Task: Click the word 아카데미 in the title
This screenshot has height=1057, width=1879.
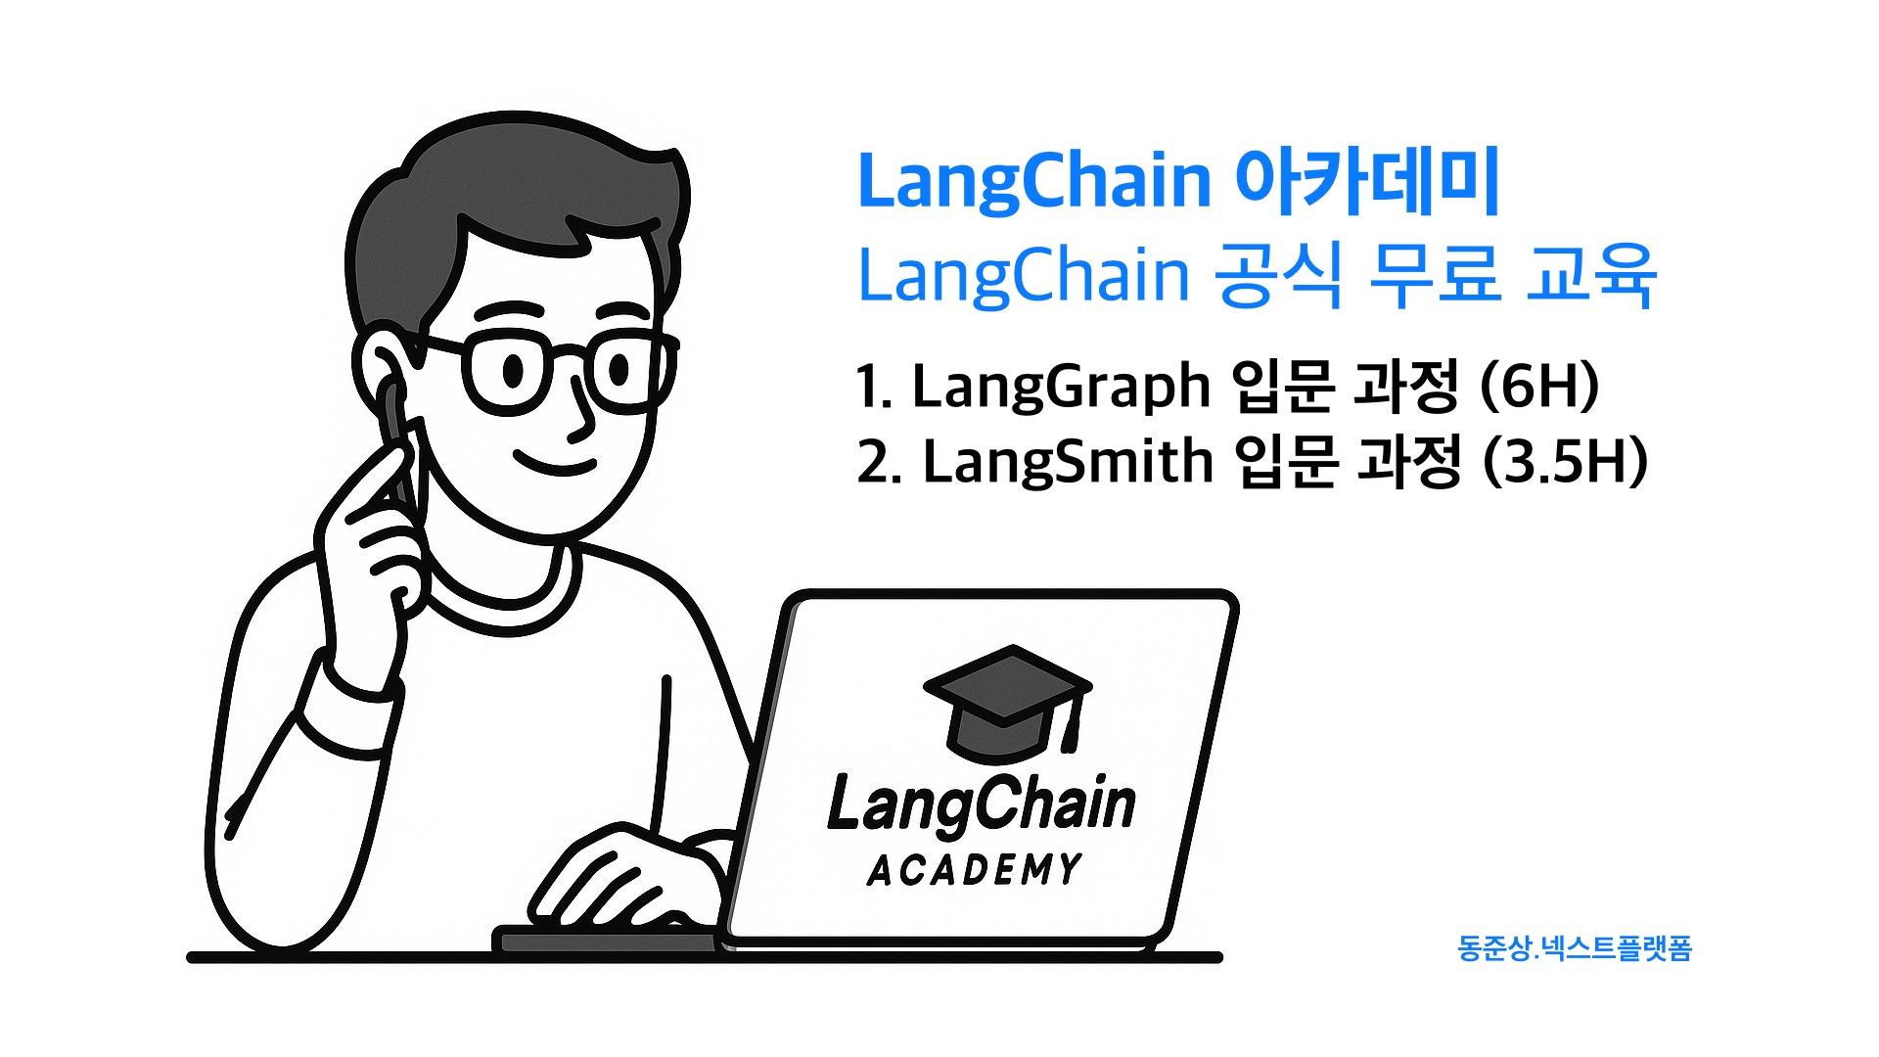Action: point(1367,182)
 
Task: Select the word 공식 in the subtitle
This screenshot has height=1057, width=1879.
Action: point(1277,275)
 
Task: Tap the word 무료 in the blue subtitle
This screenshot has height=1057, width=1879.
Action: point(1434,275)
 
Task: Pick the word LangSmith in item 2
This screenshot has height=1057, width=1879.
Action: point(1068,462)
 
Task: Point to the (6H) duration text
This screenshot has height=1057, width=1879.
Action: point(1538,386)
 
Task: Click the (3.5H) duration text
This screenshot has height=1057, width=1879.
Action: point(1565,462)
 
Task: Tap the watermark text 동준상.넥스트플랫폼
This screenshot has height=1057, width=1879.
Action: point(1574,948)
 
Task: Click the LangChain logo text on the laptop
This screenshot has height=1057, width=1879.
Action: point(981,804)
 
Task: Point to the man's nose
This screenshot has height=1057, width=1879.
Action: point(580,416)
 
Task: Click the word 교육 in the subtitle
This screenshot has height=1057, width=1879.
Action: point(1590,275)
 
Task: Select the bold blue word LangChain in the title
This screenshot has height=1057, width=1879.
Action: point(1034,182)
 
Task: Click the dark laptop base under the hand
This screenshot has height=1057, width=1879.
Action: point(607,942)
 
